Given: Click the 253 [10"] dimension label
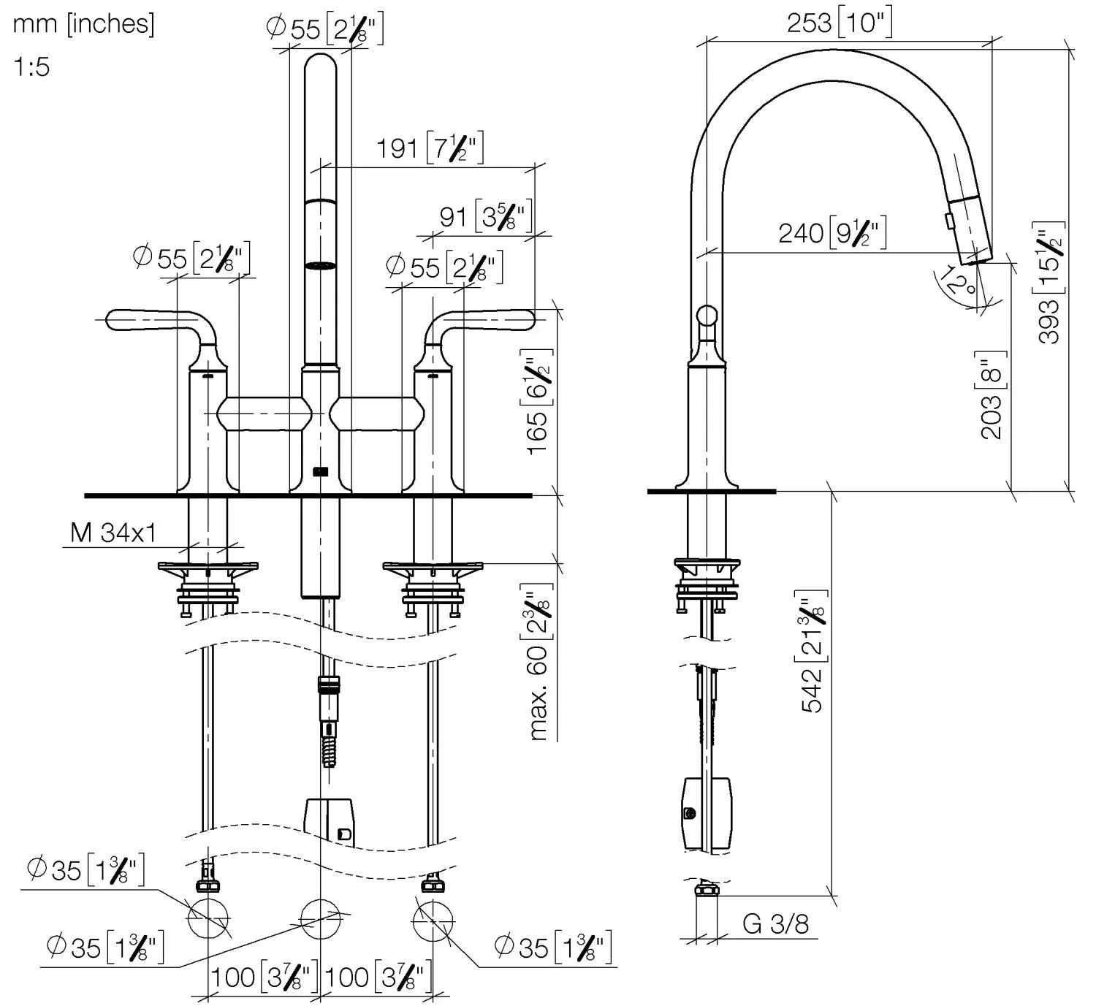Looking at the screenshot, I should (839, 23).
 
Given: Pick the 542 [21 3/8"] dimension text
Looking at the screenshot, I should (813, 650).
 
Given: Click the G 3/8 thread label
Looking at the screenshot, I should (775, 924).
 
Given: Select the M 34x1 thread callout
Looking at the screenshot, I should (113, 533).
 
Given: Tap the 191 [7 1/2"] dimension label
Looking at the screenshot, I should (430, 148).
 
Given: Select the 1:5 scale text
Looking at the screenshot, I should (31, 67).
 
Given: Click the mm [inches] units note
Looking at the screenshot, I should (83, 24).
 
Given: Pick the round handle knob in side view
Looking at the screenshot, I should (707, 316).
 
